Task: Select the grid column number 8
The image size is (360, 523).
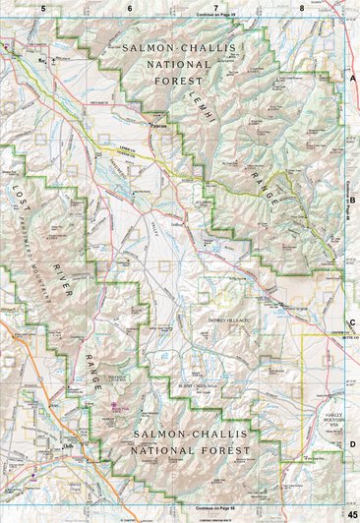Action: coord(302,8)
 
